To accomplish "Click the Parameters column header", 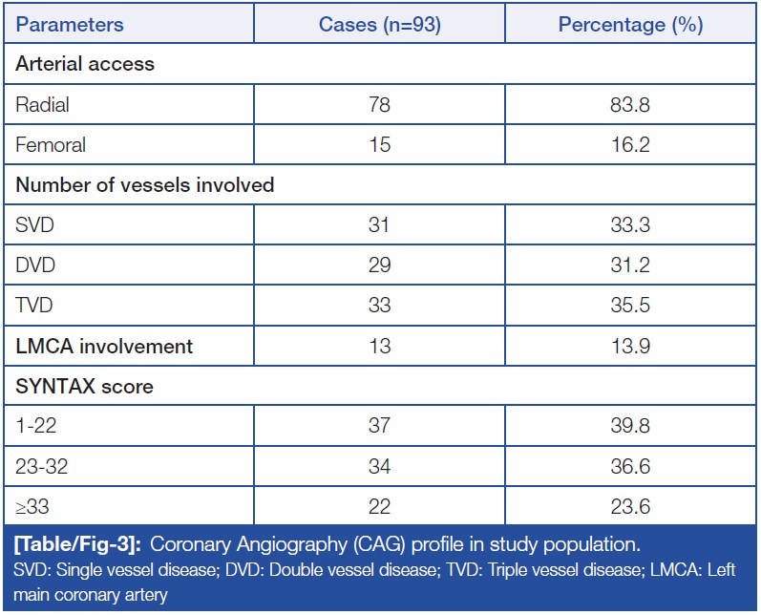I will [x=70, y=25].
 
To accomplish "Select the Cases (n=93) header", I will [x=379, y=25].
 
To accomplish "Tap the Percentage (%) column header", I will [x=630, y=25].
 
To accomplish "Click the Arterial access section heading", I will [x=85, y=65].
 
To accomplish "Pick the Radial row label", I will [x=43, y=105].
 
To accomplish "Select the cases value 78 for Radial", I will [x=379, y=105].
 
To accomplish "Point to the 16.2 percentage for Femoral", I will [x=630, y=145].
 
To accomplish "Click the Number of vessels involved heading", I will [x=145, y=185].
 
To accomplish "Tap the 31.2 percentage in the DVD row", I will [x=630, y=265].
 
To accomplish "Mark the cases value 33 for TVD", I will [x=379, y=306].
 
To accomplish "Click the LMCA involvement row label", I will [x=104, y=346].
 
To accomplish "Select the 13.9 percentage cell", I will [x=630, y=346].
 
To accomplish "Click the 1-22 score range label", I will [x=37, y=426].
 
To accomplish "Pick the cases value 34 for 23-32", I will [x=379, y=466].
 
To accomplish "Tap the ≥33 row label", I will [x=33, y=506].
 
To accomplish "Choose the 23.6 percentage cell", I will [x=630, y=506].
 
